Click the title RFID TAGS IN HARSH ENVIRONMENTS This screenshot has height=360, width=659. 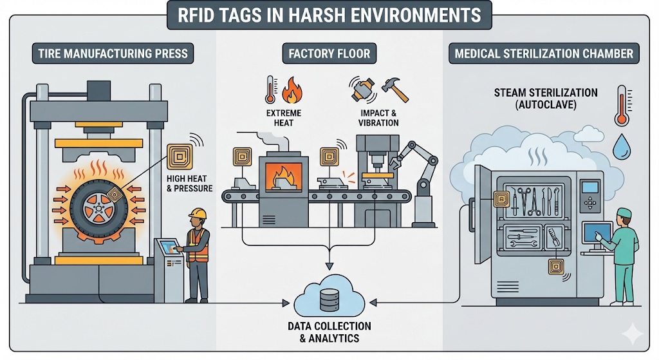point(329,15)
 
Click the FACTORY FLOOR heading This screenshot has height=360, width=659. point(329,53)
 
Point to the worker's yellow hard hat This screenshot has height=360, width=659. point(198,213)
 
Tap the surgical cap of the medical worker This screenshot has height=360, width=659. point(624,213)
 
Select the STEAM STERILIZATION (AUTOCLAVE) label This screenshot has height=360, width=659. point(537,99)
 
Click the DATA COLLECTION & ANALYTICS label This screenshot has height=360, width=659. point(329,332)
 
